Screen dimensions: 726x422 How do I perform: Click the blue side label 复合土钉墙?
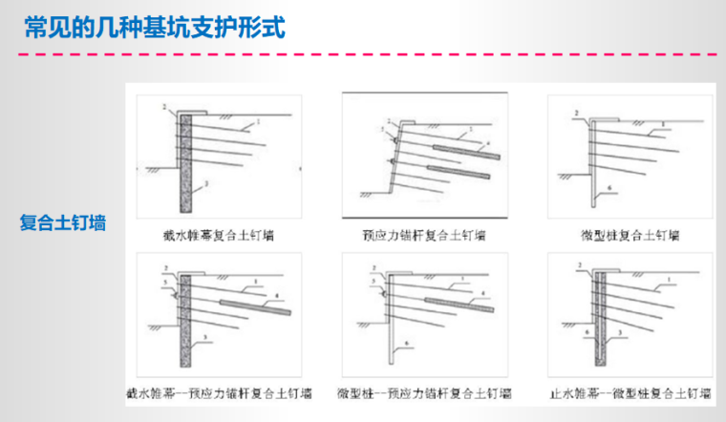pyautogui.click(x=63, y=223)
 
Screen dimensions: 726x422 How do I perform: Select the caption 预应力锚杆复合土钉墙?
pyautogui.click(x=424, y=234)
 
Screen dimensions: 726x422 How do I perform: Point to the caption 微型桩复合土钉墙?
pyautogui.click(x=631, y=234)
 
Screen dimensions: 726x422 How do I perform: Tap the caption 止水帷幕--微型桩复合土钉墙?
pyautogui.click(x=631, y=393)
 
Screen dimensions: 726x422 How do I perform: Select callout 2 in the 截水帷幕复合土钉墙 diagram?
pyautogui.click(x=164, y=104)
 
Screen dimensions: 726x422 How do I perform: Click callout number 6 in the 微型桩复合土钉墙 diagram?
pyautogui.click(x=609, y=189)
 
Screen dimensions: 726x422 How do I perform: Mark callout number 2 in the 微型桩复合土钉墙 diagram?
pyautogui.click(x=576, y=114)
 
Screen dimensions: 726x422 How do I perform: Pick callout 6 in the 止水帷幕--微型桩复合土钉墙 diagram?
pyautogui.click(x=586, y=330)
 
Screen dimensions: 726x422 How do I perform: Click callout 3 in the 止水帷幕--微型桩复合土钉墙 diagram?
pyautogui.click(x=621, y=330)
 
